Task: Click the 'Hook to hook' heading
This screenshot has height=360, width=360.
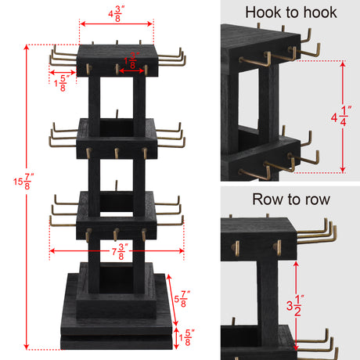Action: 291,12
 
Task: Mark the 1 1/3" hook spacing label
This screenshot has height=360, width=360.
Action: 131,59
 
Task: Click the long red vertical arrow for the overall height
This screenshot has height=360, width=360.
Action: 27,196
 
